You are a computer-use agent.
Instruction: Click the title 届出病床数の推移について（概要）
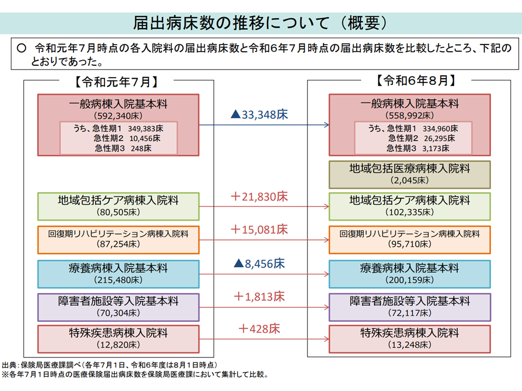(x=260, y=23)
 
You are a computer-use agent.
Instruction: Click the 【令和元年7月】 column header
(x=116, y=82)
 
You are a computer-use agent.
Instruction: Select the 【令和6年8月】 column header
(x=415, y=80)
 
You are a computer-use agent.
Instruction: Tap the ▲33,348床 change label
(x=259, y=115)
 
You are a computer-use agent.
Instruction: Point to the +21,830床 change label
(x=259, y=197)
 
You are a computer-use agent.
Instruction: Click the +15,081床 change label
(x=259, y=229)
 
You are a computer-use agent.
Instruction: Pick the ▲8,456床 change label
(x=259, y=264)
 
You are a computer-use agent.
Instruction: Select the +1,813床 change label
(x=259, y=297)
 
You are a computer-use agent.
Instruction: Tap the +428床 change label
(x=259, y=329)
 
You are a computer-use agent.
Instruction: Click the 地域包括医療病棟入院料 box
(x=409, y=174)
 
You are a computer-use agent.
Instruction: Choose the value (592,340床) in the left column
(x=118, y=116)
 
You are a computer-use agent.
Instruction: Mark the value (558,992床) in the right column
(x=410, y=115)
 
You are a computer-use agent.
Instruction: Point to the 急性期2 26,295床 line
(x=421, y=138)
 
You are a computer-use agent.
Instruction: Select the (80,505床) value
(x=118, y=212)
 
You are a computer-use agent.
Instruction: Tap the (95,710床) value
(x=410, y=244)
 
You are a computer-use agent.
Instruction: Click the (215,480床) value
(x=118, y=280)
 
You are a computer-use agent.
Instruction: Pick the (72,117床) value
(x=410, y=313)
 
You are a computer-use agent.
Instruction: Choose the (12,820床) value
(x=118, y=345)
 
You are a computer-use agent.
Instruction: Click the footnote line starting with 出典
(x=110, y=365)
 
